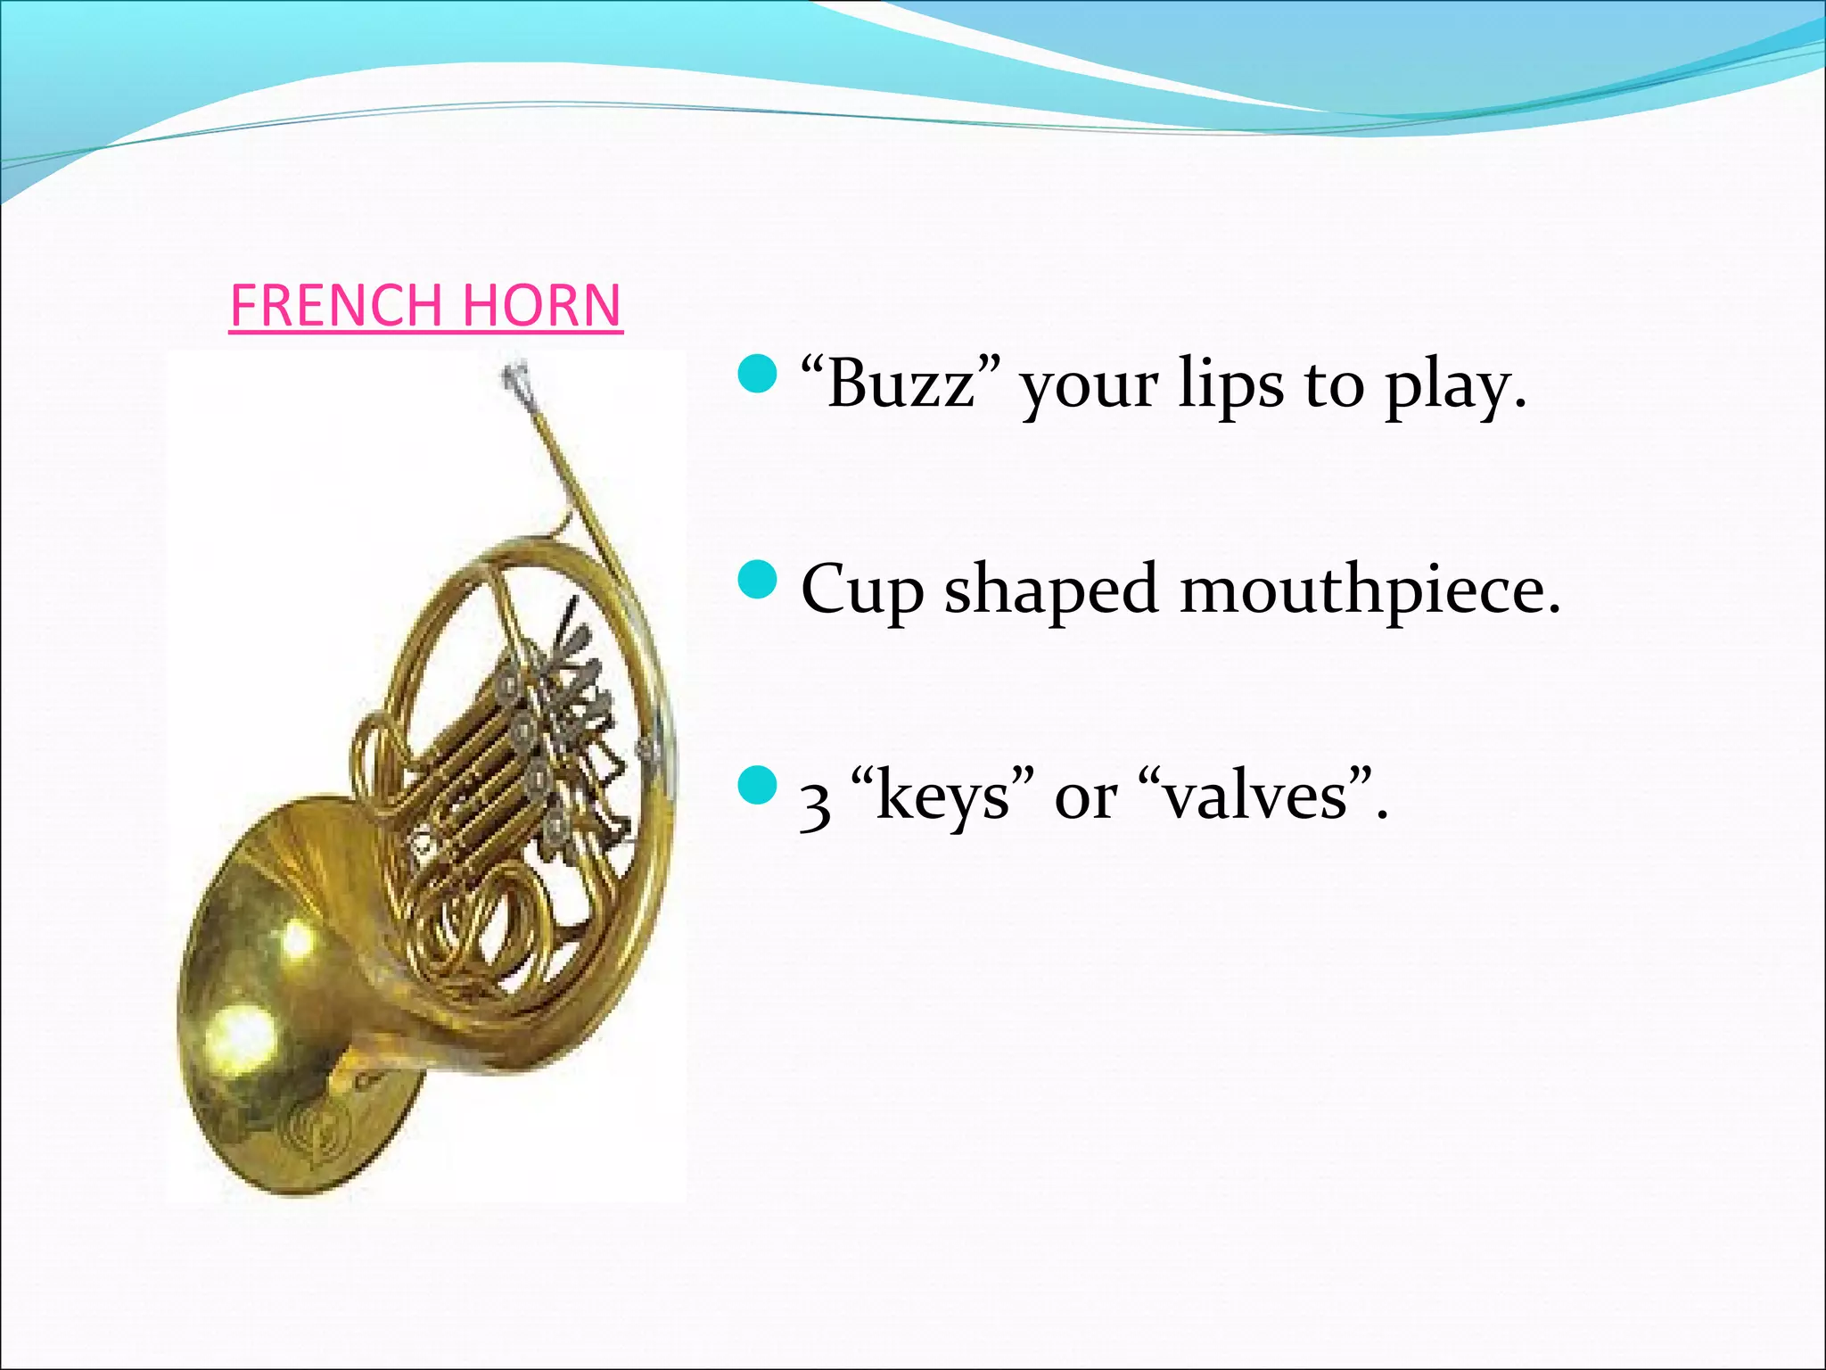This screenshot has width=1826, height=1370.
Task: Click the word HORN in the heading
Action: tap(541, 306)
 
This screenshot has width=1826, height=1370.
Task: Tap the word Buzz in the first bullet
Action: tap(901, 385)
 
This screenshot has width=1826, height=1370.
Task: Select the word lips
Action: tap(1231, 385)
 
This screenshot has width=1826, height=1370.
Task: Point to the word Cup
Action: tap(861, 590)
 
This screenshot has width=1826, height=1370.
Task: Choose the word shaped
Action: tap(1051, 590)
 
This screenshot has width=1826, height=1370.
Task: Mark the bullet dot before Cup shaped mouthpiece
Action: tap(758, 580)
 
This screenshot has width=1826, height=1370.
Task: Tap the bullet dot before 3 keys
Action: tap(758, 785)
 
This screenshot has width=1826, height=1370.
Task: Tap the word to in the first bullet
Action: tap(1333, 385)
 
